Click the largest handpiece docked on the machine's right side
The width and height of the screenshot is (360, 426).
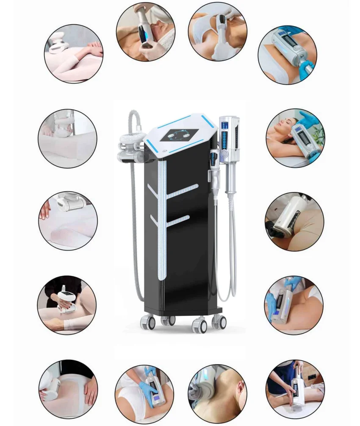[x=229, y=140]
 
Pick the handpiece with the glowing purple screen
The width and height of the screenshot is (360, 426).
[x=155, y=394]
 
